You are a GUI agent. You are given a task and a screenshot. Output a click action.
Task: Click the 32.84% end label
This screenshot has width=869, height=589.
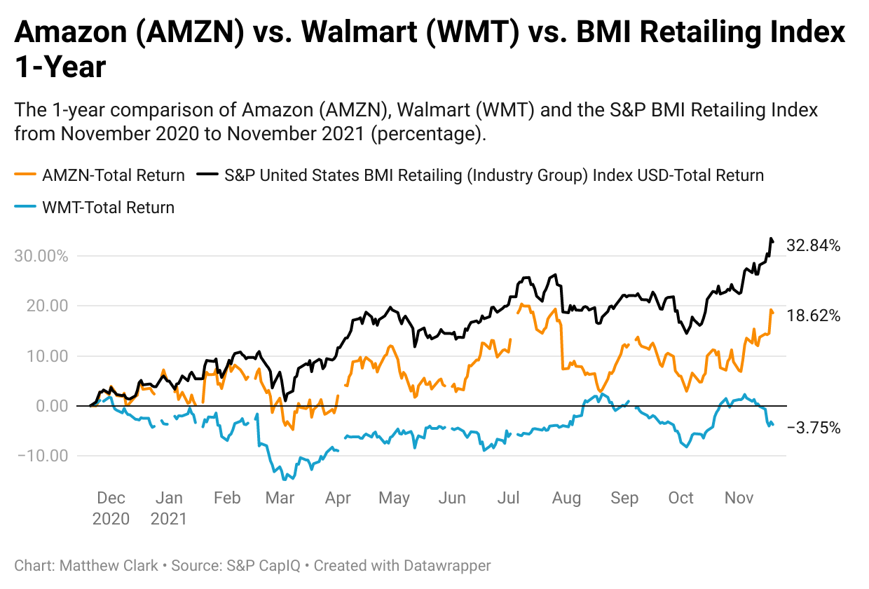tap(814, 246)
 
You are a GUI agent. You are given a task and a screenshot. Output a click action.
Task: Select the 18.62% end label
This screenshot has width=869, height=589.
tap(814, 316)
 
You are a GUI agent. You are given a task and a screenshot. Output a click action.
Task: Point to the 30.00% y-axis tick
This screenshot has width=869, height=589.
tap(41, 256)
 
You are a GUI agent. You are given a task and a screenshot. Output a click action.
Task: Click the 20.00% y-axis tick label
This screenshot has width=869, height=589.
tap(41, 306)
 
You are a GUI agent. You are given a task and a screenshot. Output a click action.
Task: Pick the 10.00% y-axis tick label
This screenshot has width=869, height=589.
tap(41, 356)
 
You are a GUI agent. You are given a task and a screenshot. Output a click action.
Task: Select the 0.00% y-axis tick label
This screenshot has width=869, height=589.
tap(46, 406)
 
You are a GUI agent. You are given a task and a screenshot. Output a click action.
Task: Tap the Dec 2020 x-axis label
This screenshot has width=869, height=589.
tap(111, 508)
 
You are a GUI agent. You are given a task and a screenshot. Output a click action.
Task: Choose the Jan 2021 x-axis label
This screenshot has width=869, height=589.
tap(169, 508)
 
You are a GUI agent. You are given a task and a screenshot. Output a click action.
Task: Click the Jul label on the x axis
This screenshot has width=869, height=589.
tap(508, 499)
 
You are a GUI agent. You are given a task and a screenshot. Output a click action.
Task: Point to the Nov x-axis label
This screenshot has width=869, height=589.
tap(738, 499)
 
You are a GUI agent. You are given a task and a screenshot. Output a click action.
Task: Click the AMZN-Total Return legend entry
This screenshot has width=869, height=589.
tap(113, 175)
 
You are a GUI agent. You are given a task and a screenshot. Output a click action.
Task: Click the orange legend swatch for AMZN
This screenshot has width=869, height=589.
tap(25, 175)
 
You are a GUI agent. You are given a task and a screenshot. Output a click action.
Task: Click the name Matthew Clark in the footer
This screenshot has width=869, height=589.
tap(109, 565)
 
